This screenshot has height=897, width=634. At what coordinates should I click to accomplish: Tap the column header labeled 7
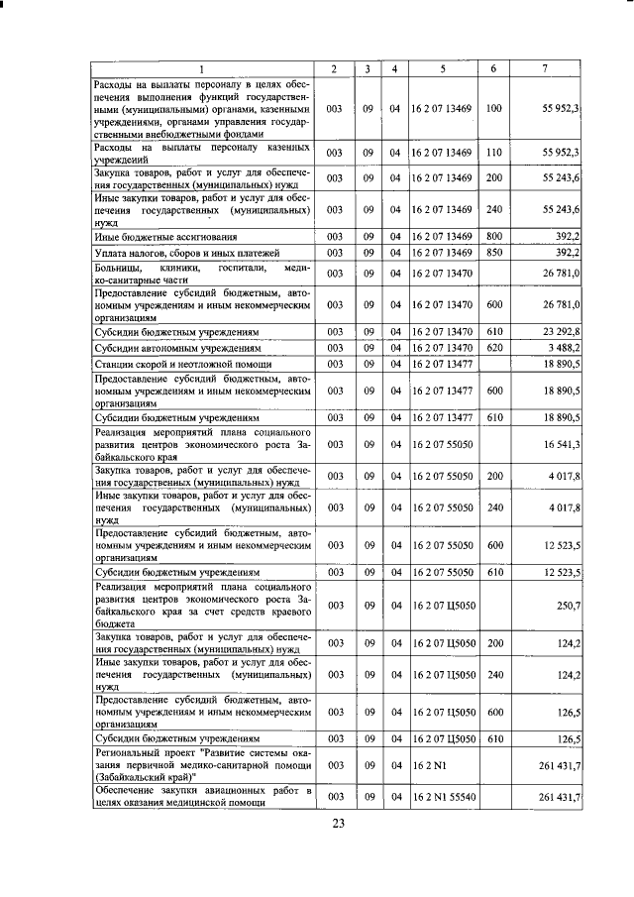(546, 68)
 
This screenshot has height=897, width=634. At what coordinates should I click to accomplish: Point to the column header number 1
(201, 68)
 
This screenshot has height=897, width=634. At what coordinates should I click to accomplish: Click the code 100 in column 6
(494, 108)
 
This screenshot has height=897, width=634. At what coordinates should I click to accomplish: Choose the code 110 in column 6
(494, 153)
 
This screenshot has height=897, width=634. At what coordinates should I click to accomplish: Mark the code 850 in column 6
(494, 253)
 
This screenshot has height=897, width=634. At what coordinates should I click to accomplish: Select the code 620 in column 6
(494, 348)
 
